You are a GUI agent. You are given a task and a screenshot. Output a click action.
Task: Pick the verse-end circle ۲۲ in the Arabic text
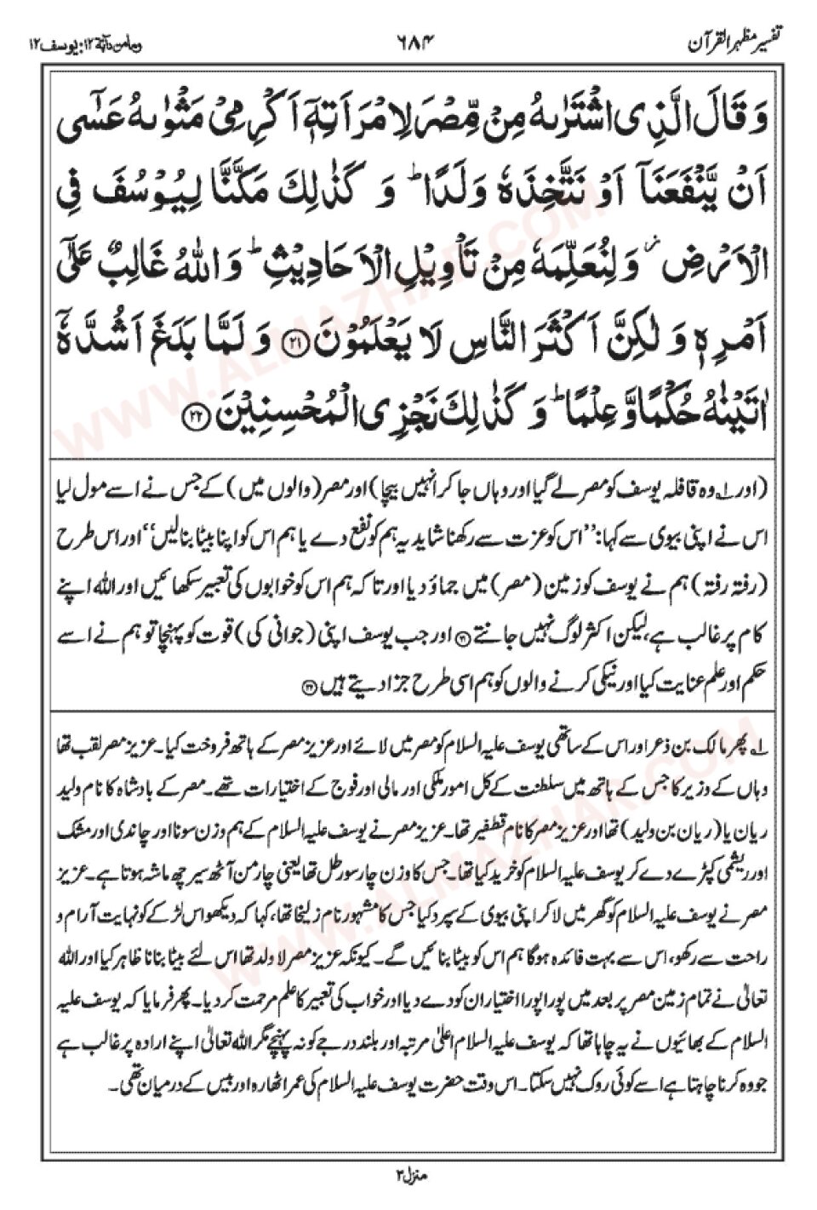pyautogui.click(x=195, y=416)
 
